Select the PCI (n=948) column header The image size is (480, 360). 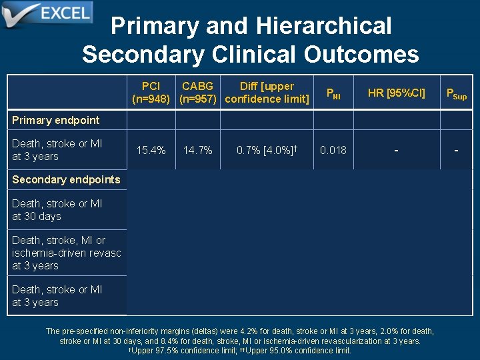click(151, 93)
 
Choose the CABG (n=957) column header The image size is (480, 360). click(197, 93)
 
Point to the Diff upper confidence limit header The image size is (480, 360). click(267, 93)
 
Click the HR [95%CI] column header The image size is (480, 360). click(396, 93)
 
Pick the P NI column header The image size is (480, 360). click(333, 94)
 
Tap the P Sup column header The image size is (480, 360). click(456, 94)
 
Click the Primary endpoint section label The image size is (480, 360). click(55, 120)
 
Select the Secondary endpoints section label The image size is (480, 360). click(66, 179)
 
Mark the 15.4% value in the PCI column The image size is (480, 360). click(151, 150)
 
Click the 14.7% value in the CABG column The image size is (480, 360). click(197, 150)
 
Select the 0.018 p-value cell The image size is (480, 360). click(333, 150)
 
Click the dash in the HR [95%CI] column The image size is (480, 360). click(396, 150)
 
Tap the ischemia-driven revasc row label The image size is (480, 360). click(66, 253)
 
